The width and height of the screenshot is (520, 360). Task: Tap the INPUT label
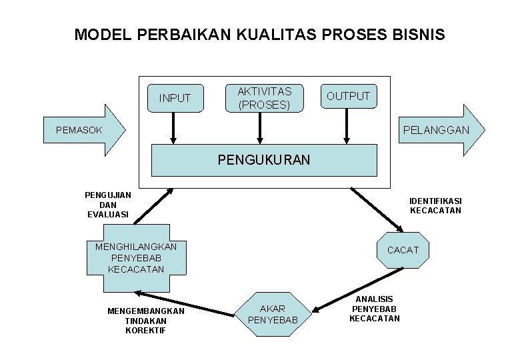175,99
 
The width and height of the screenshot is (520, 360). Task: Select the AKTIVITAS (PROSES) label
260,98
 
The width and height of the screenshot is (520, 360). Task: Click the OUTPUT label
347,96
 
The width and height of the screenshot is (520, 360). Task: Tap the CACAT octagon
403,249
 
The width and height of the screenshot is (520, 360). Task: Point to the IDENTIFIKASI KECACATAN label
435,205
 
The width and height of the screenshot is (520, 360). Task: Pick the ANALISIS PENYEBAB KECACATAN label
375,309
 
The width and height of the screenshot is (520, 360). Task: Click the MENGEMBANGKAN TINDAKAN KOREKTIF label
145,321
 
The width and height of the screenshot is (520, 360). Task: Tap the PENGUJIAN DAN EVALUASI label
108,205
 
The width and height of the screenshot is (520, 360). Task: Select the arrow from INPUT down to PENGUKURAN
173,128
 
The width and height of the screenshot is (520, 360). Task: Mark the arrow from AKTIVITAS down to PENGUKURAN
259,128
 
